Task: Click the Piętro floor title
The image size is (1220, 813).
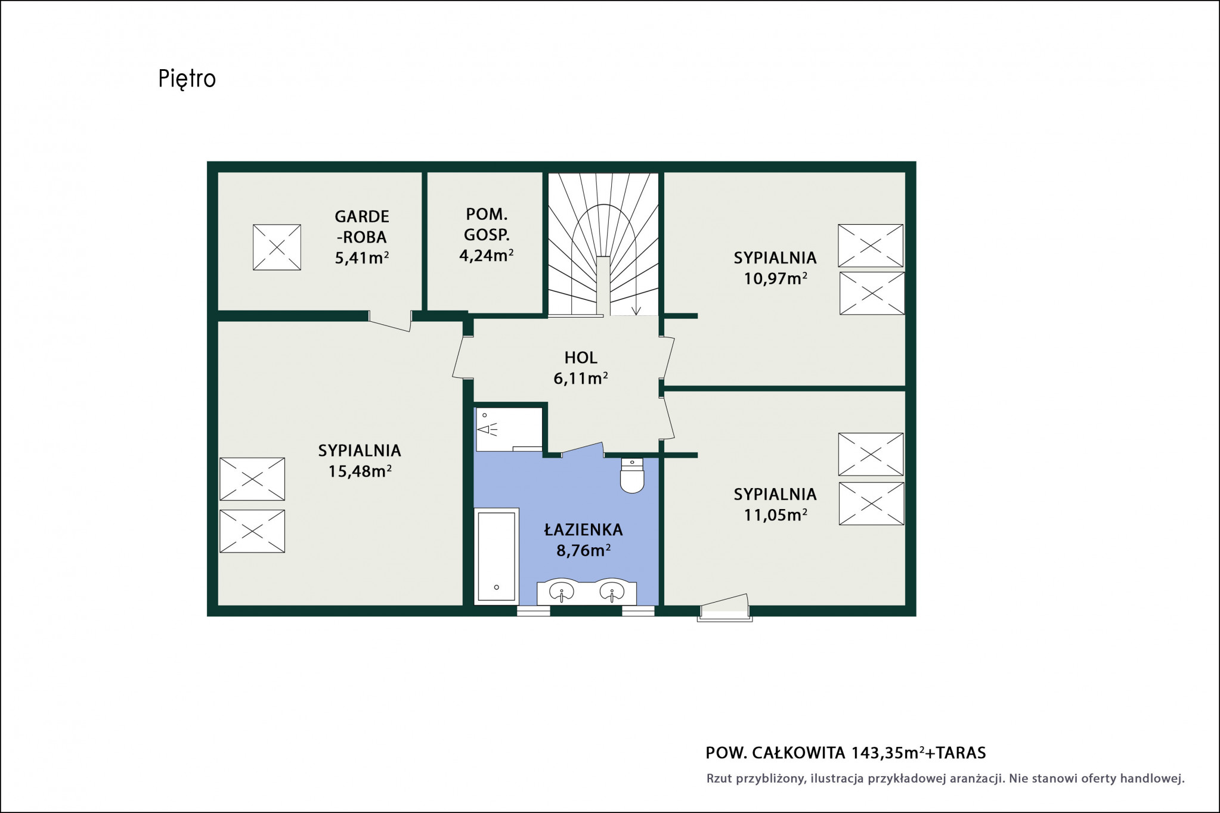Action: (187, 79)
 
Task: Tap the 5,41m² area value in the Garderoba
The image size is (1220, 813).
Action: (362, 257)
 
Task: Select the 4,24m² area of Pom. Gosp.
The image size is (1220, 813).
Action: (486, 255)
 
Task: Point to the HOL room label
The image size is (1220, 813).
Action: (581, 358)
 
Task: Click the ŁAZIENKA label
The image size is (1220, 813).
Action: (583, 529)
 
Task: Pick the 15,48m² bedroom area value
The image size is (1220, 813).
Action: (360, 471)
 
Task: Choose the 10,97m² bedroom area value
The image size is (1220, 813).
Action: (775, 278)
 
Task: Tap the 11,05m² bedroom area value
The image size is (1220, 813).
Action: (775, 514)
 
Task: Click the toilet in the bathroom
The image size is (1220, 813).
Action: (632, 476)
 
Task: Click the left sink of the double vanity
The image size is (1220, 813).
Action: (561, 592)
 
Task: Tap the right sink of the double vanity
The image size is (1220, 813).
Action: (612, 592)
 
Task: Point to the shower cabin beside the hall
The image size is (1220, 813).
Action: (509, 429)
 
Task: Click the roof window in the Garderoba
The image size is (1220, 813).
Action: (277, 247)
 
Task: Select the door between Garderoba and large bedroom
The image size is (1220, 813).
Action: (390, 321)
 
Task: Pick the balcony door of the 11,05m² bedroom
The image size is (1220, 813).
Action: (724, 607)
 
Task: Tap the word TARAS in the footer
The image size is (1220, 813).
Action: (961, 753)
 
